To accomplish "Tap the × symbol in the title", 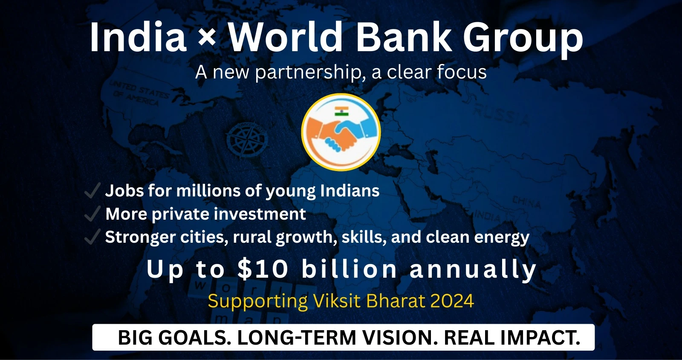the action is pyautogui.click(x=207, y=39).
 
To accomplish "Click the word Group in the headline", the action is pyautogui.click(x=523, y=40).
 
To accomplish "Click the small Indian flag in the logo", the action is pyautogui.click(x=341, y=111).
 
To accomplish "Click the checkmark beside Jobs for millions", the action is pyautogui.click(x=92, y=191).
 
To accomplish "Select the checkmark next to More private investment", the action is pyautogui.click(x=92, y=214).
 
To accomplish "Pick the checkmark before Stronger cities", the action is pyautogui.click(x=92, y=237).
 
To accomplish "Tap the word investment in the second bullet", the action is pyautogui.click(x=260, y=214).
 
